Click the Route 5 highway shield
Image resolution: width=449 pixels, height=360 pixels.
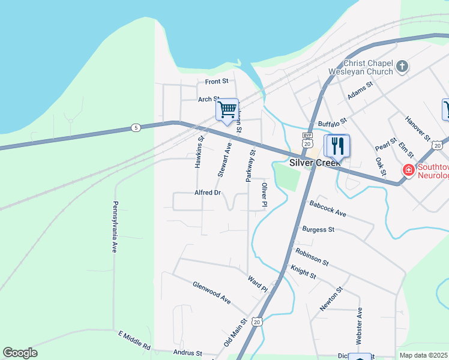136,128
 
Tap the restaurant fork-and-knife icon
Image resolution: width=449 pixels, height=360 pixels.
337,145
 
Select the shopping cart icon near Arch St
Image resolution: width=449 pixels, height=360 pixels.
228,110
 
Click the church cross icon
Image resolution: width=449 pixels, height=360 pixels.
402,66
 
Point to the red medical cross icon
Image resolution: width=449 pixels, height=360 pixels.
408,170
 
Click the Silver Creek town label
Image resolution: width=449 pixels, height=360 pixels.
315,163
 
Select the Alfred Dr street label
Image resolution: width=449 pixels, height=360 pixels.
208,193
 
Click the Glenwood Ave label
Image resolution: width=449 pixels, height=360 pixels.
211,292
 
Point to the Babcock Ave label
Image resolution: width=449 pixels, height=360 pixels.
328,209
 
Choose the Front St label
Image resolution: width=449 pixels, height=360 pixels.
217,81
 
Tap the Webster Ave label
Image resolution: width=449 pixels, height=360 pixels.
359,326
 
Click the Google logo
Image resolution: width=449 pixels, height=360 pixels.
20,353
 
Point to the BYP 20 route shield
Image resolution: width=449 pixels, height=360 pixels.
307,140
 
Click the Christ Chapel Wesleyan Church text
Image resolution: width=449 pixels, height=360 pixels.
360,67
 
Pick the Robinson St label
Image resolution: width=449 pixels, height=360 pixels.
312,257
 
